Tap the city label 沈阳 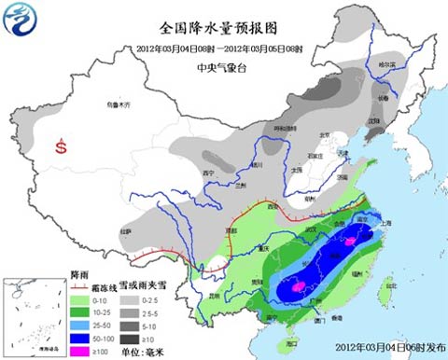tap(371, 120)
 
